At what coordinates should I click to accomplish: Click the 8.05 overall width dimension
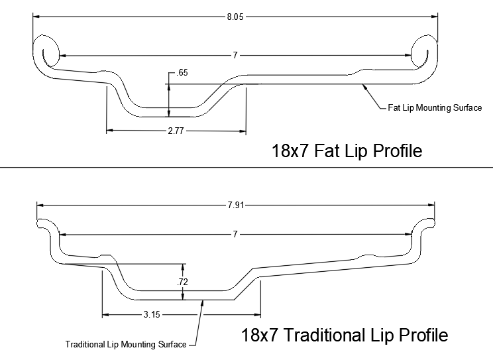(x=235, y=17)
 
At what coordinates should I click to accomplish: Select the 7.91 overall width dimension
(x=235, y=205)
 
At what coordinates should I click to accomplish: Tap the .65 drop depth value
(x=182, y=73)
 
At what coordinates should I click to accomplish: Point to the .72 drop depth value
(x=182, y=282)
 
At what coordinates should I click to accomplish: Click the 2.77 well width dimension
(x=176, y=131)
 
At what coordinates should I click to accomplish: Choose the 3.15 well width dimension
(x=152, y=314)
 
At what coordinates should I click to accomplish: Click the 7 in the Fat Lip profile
(x=235, y=56)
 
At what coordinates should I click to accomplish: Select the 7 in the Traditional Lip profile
(x=235, y=235)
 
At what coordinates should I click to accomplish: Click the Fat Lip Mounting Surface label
(x=435, y=108)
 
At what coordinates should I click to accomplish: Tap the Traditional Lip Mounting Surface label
(x=126, y=344)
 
